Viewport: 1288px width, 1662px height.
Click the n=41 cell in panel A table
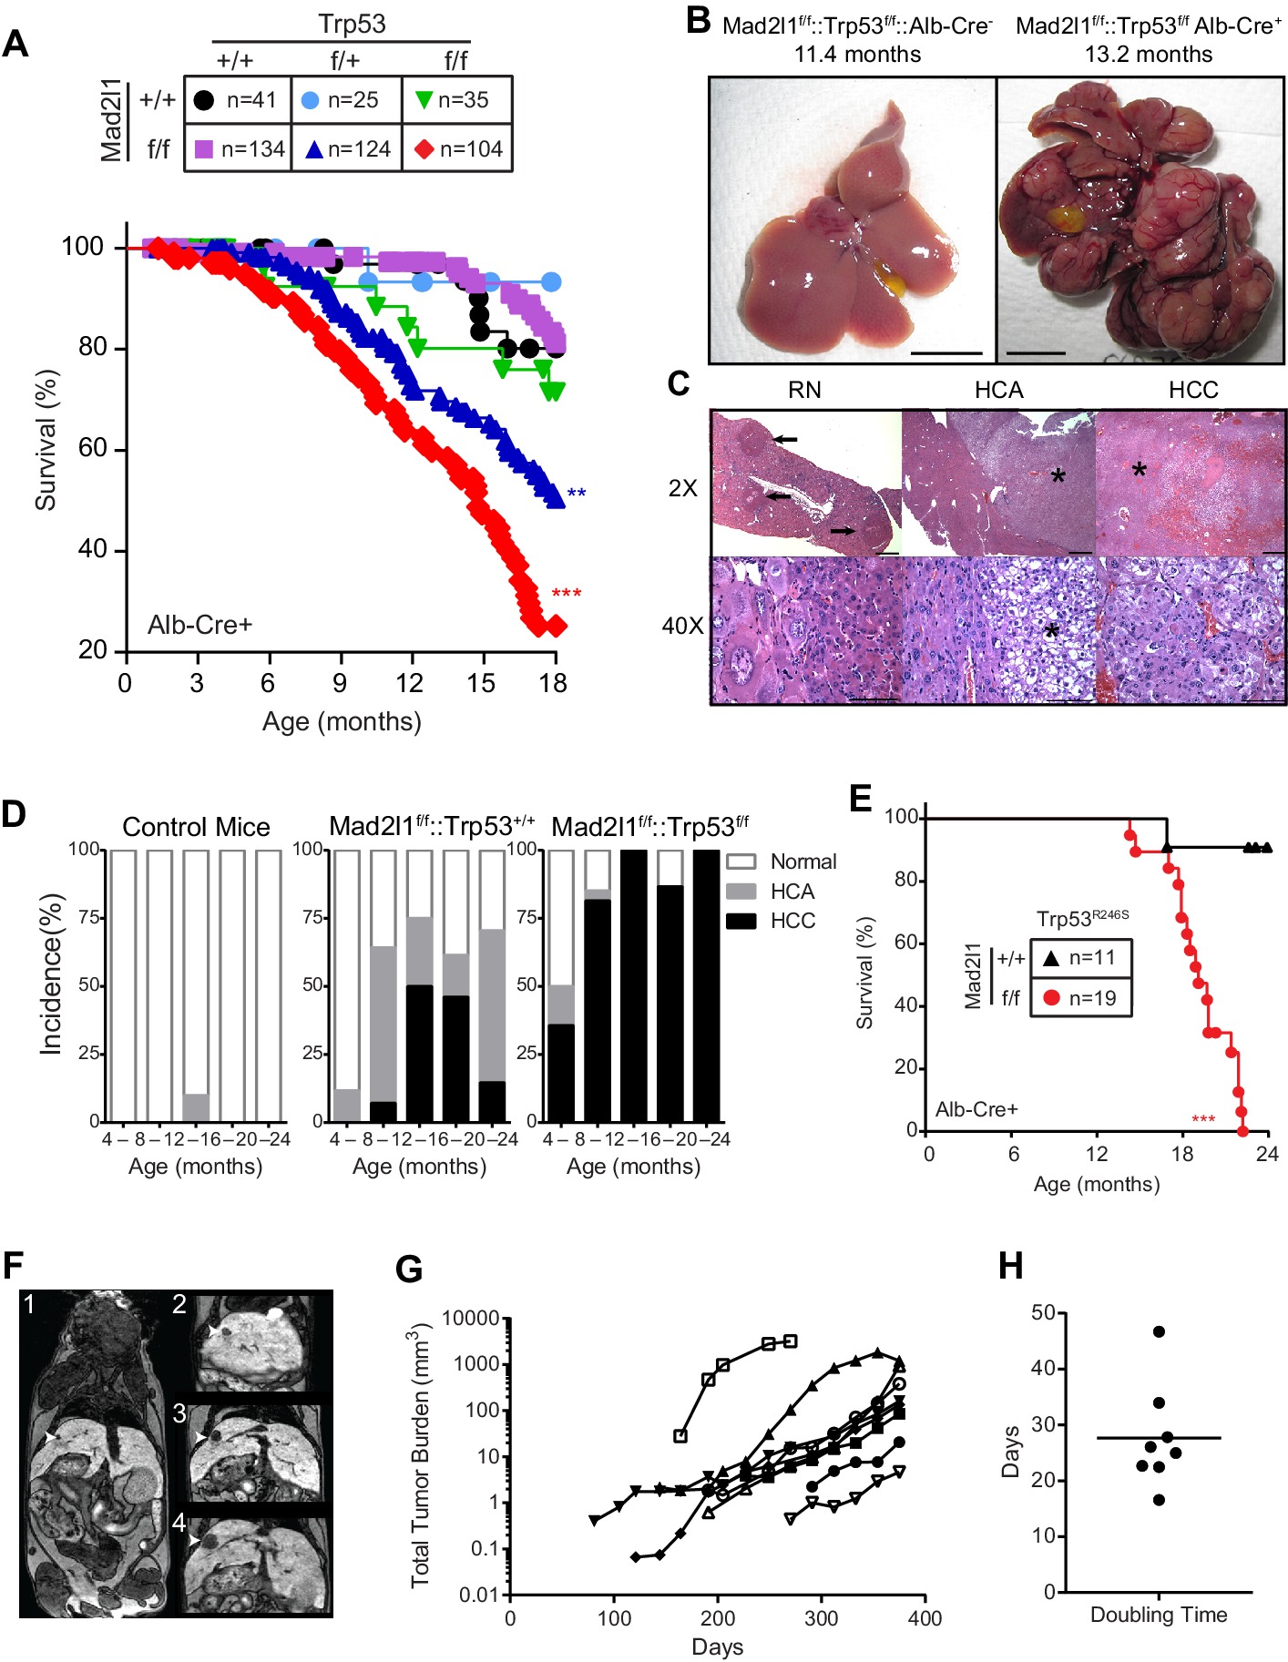[237, 100]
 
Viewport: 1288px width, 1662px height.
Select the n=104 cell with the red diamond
[458, 148]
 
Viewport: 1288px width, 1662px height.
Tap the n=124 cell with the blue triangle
[347, 148]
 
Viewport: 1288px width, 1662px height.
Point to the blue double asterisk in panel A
[576, 494]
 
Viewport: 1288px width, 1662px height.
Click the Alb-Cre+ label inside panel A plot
[199, 625]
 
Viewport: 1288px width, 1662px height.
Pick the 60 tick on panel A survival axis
[93, 448]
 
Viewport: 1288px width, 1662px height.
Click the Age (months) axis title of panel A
[342, 721]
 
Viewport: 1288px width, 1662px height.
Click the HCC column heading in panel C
[1192, 390]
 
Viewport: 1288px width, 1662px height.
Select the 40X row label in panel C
[682, 627]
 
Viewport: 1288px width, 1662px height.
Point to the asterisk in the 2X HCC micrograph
[1139, 471]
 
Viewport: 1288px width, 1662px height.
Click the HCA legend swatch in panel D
[741, 891]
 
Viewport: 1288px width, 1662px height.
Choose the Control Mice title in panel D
[196, 827]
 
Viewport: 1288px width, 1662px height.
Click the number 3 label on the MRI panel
[179, 1413]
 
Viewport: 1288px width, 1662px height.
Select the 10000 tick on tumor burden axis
[470, 1319]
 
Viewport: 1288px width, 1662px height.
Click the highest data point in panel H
[1159, 1331]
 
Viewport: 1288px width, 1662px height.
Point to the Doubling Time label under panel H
[1158, 1615]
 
